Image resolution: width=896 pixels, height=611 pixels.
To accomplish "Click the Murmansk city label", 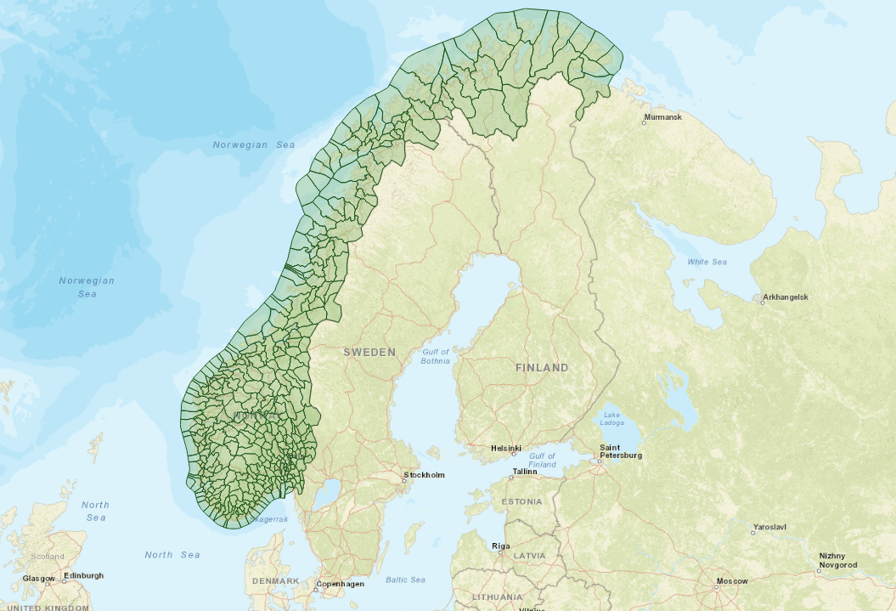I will (665, 116).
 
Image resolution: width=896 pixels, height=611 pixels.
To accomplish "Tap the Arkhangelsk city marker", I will (758, 297).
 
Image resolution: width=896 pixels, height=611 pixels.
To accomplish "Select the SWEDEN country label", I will (369, 352).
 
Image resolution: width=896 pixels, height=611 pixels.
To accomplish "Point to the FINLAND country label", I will (542, 368).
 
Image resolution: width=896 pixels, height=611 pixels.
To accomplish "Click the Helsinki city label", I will (506, 448).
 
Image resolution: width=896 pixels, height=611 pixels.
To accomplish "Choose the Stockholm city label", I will (425, 475).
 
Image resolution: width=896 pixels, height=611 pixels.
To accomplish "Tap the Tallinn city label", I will (523, 472).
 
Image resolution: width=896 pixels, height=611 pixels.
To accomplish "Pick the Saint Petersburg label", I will (621, 451).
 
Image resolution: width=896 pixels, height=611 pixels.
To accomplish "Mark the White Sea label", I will (707, 262).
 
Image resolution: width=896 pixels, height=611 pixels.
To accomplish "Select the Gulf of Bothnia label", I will (436, 356).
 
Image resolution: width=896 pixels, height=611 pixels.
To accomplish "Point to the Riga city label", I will (501, 546).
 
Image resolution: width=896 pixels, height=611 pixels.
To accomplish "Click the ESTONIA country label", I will (521, 501).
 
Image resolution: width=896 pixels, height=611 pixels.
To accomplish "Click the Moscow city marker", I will (716, 586).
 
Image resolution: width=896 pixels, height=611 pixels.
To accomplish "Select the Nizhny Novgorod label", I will (837, 560).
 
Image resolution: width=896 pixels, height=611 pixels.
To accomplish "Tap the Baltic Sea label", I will (405, 580).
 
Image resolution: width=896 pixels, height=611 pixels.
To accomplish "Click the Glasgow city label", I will (39, 578).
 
